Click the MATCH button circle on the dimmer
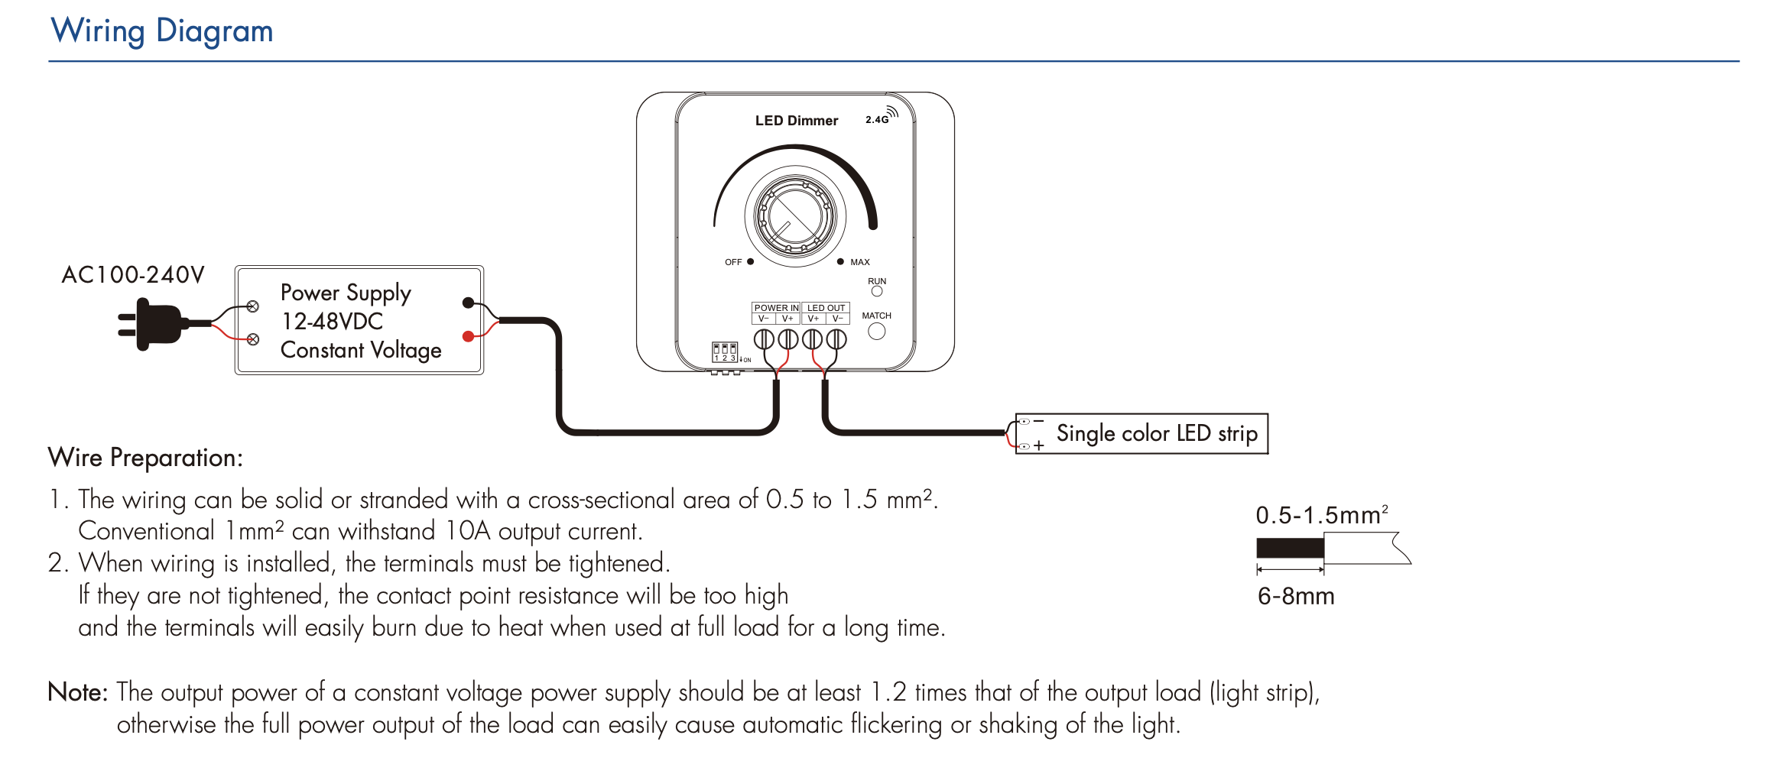click(876, 331)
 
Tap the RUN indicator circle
click(877, 291)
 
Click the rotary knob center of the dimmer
click(795, 216)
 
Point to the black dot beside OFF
click(750, 261)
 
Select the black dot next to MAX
click(840, 261)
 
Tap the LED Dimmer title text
click(796, 121)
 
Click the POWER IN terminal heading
click(776, 308)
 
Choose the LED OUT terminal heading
click(826, 308)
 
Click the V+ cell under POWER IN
click(787, 319)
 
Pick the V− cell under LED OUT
click(838, 319)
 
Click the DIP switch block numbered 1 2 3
click(724, 351)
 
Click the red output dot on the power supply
click(468, 336)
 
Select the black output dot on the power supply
click(468, 303)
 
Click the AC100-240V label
click(133, 275)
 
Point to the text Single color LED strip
click(1156, 433)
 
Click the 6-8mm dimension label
click(1296, 596)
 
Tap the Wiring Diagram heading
click(162, 31)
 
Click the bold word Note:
click(77, 691)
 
